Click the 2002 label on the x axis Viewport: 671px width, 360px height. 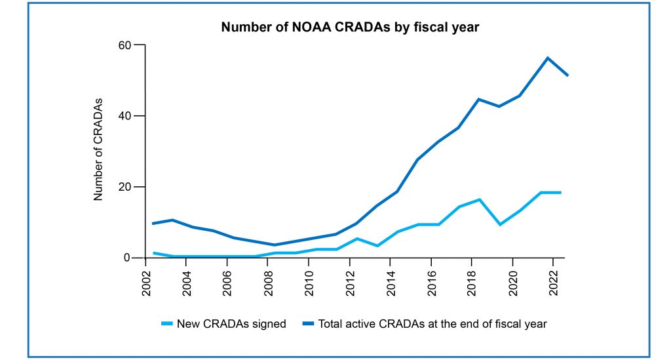coord(146,279)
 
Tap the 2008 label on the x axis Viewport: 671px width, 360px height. coord(268,279)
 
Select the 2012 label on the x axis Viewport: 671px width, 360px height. coord(349,279)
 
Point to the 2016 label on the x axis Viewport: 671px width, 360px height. coord(431,279)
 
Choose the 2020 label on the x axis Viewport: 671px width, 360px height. coord(512,279)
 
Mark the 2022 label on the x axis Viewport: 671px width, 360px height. coord(552,279)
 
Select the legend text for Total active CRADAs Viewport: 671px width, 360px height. coord(432,324)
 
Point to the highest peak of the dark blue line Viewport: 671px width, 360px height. coord(547,58)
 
